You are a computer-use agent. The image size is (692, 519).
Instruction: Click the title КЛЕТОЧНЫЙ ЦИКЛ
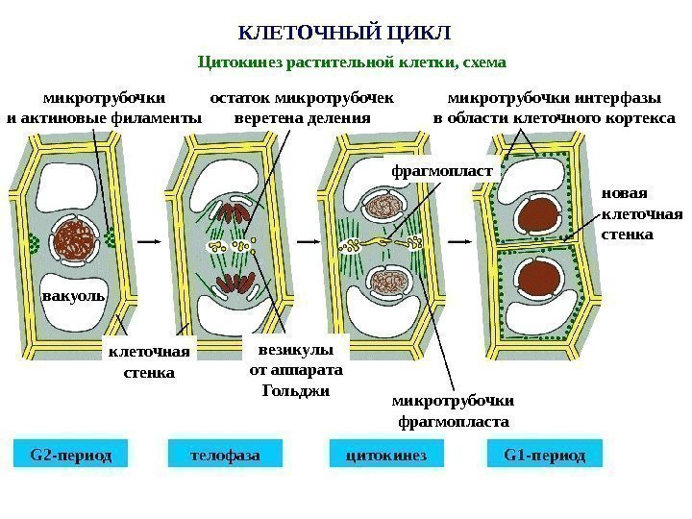(344, 34)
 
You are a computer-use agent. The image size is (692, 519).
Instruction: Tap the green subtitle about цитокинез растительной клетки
(351, 63)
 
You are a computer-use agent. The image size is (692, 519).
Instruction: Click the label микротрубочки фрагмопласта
(454, 411)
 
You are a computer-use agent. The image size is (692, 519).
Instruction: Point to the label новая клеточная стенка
(641, 213)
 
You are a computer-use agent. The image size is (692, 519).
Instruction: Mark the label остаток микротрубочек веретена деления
(302, 108)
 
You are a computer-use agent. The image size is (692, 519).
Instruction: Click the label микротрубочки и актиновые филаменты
(104, 108)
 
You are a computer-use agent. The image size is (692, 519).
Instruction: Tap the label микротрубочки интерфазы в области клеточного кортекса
(555, 108)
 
